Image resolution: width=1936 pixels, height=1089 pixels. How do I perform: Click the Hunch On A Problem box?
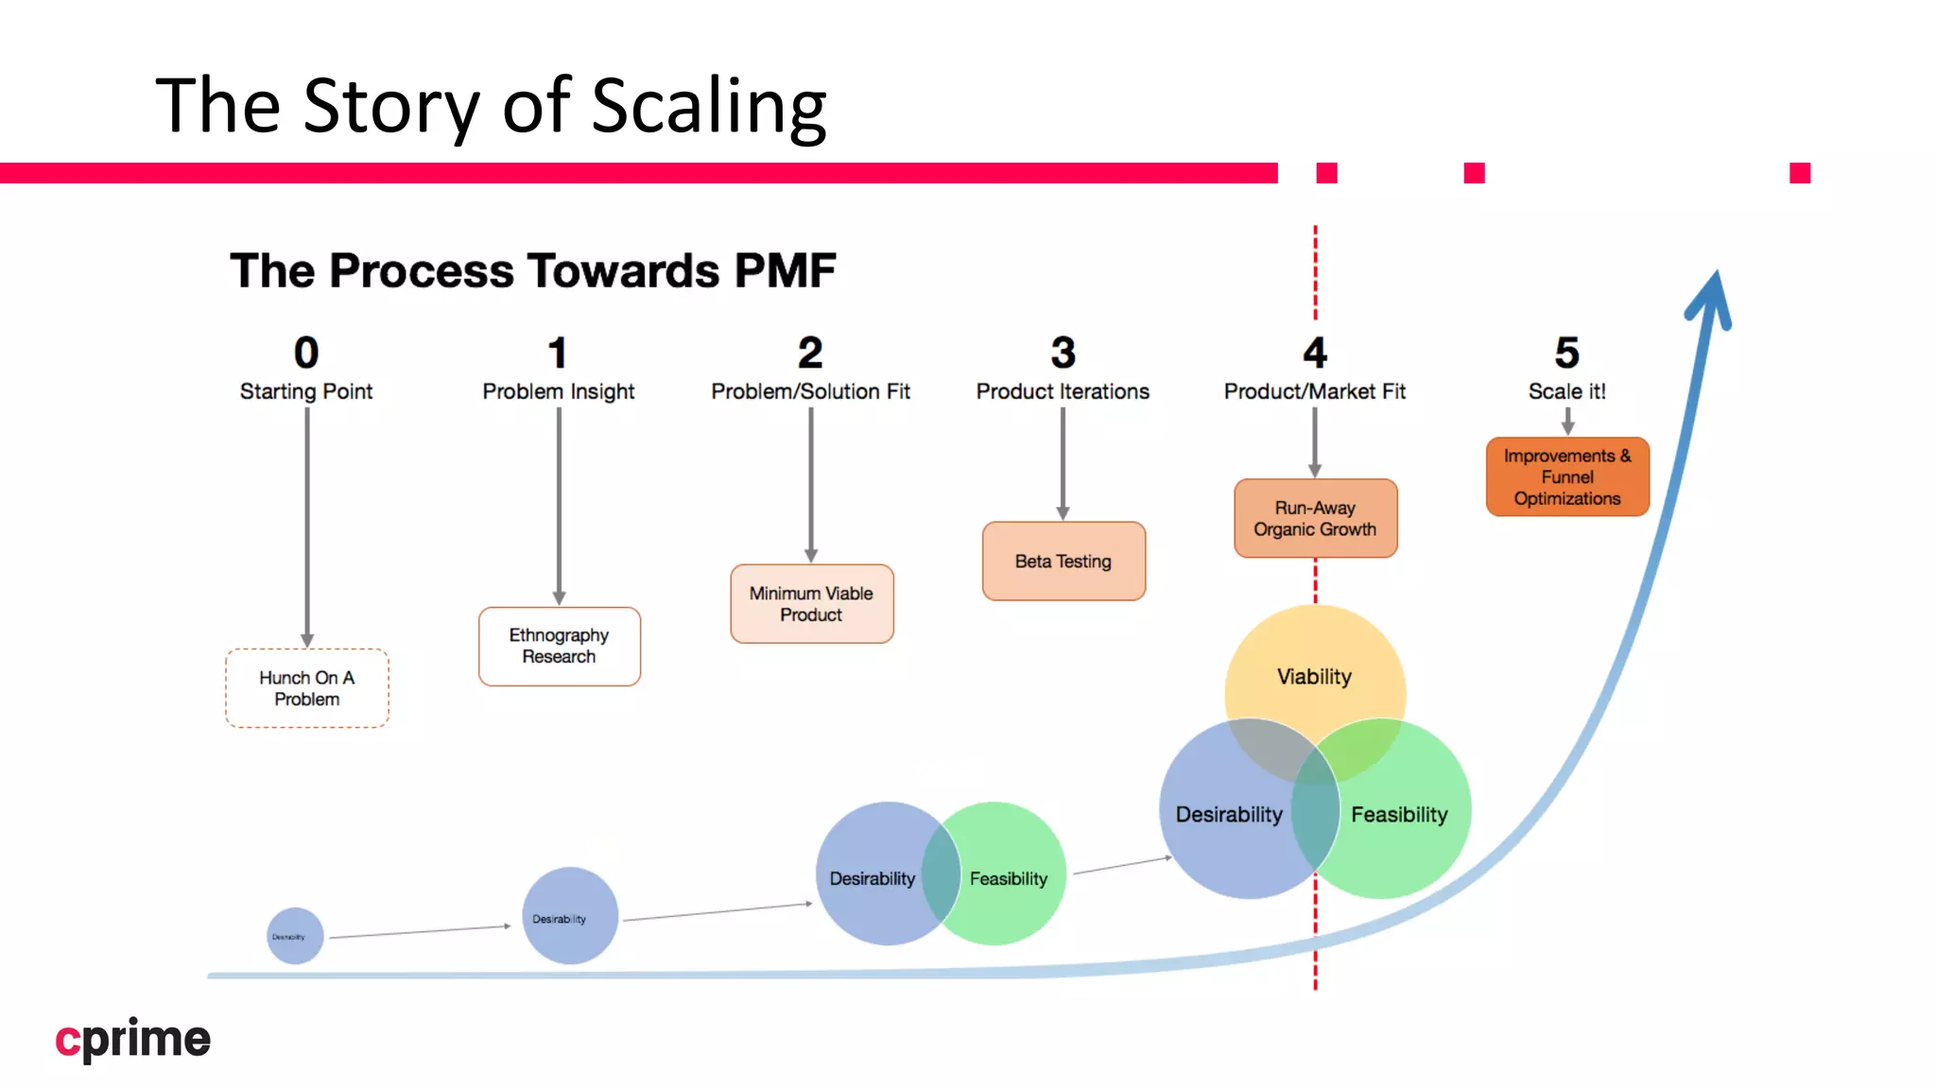pyautogui.click(x=306, y=688)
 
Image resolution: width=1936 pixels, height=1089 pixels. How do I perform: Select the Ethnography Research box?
pyautogui.click(x=559, y=646)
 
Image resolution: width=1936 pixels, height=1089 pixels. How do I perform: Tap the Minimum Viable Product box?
pyautogui.click(x=811, y=604)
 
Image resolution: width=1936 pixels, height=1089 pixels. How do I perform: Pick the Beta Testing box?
pyautogui.click(x=1063, y=562)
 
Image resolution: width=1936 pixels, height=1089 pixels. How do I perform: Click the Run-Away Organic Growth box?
pyautogui.click(x=1315, y=518)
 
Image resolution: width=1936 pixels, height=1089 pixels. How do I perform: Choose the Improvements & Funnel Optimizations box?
pyautogui.click(x=1567, y=476)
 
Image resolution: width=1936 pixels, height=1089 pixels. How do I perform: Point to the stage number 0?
pyautogui.click(x=306, y=353)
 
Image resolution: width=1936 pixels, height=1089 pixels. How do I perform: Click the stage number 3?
pyautogui.click(x=1063, y=353)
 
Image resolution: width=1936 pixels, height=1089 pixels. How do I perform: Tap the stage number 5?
pyautogui.click(x=1566, y=353)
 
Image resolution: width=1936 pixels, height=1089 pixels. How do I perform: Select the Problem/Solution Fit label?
pyautogui.click(x=810, y=391)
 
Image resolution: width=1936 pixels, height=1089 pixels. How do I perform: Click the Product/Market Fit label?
pyautogui.click(x=1314, y=391)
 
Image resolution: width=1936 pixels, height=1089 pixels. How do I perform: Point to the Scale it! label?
pyautogui.click(x=1566, y=391)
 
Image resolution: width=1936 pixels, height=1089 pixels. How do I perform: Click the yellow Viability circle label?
pyautogui.click(x=1314, y=677)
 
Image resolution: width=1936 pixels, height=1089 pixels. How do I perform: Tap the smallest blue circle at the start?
pyautogui.click(x=295, y=936)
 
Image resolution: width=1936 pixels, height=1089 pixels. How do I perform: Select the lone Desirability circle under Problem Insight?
pyautogui.click(x=570, y=916)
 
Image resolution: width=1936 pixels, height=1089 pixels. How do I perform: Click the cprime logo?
pyautogui.click(x=132, y=1040)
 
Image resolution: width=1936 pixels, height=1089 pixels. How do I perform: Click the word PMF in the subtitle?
pyautogui.click(x=785, y=271)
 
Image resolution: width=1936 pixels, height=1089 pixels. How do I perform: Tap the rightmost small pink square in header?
pyautogui.click(x=1800, y=173)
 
